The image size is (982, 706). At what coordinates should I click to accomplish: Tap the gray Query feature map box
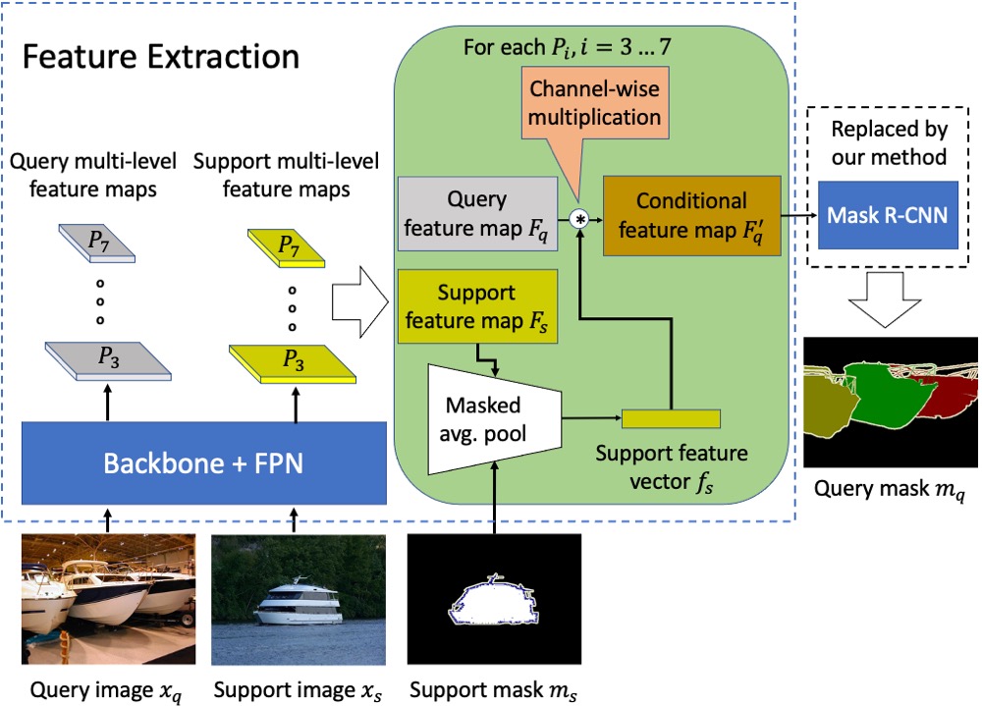tap(476, 214)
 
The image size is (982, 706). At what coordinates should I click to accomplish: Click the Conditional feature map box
tap(691, 215)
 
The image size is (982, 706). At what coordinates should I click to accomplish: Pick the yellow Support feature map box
tap(477, 304)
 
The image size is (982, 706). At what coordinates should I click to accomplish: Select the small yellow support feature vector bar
tap(671, 418)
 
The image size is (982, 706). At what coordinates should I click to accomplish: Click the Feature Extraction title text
tap(161, 56)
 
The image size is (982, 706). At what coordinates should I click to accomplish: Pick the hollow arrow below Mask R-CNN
tap(887, 298)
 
